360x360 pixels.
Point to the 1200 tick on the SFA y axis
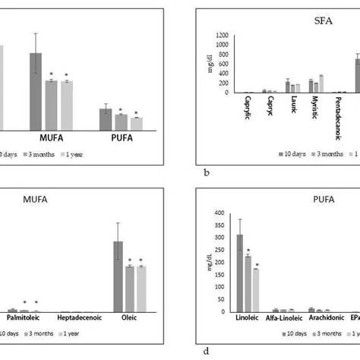(x=221, y=36)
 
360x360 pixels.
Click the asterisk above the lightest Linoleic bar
(x=257, y=265)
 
